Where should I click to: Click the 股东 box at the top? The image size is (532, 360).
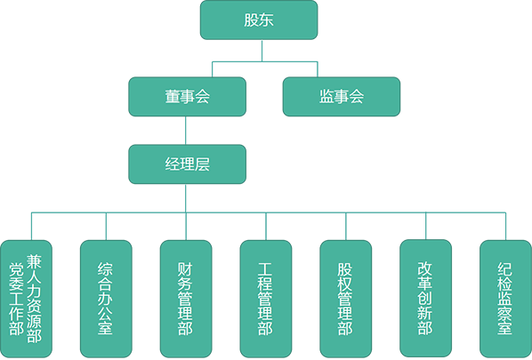[258, 20]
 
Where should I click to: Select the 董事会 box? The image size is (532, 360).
[187, 96]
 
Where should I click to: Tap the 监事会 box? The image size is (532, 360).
[341, 96]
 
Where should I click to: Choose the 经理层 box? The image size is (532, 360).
[187, 164]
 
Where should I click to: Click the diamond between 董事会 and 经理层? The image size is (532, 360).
[186, 130]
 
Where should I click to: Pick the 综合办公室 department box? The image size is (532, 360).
[106, 299]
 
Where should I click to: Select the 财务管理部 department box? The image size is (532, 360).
[185, 299]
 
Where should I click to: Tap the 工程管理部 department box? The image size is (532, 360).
[265, 299]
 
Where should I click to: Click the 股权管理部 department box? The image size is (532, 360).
[345, 299]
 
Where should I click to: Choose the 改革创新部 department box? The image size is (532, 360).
[425, 299]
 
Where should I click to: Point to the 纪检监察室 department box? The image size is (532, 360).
[505, 299]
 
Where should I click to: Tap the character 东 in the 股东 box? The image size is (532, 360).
[266, 20]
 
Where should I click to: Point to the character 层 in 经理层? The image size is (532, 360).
[202, 164]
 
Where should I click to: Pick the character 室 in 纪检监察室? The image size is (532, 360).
[505, 328]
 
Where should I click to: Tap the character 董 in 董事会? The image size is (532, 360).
[172, 96]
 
